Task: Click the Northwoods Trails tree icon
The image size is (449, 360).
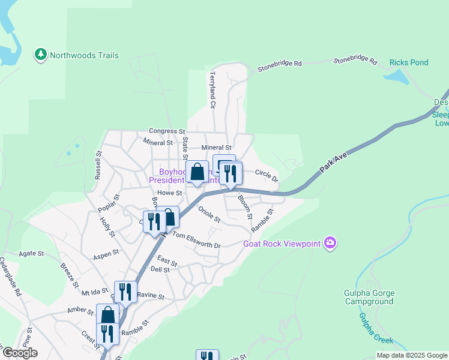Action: click(41, 55)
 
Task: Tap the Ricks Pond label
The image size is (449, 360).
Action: click(409, 62)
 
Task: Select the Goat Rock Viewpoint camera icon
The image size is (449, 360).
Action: click(329, 243)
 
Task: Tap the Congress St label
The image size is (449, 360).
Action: click(167, 131)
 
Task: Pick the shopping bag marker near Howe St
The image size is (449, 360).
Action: click(197, 173)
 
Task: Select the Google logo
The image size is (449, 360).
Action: click(19, 353)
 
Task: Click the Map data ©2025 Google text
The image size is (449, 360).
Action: click(411, 355)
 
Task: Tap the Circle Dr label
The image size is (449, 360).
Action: click(267, 175)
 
